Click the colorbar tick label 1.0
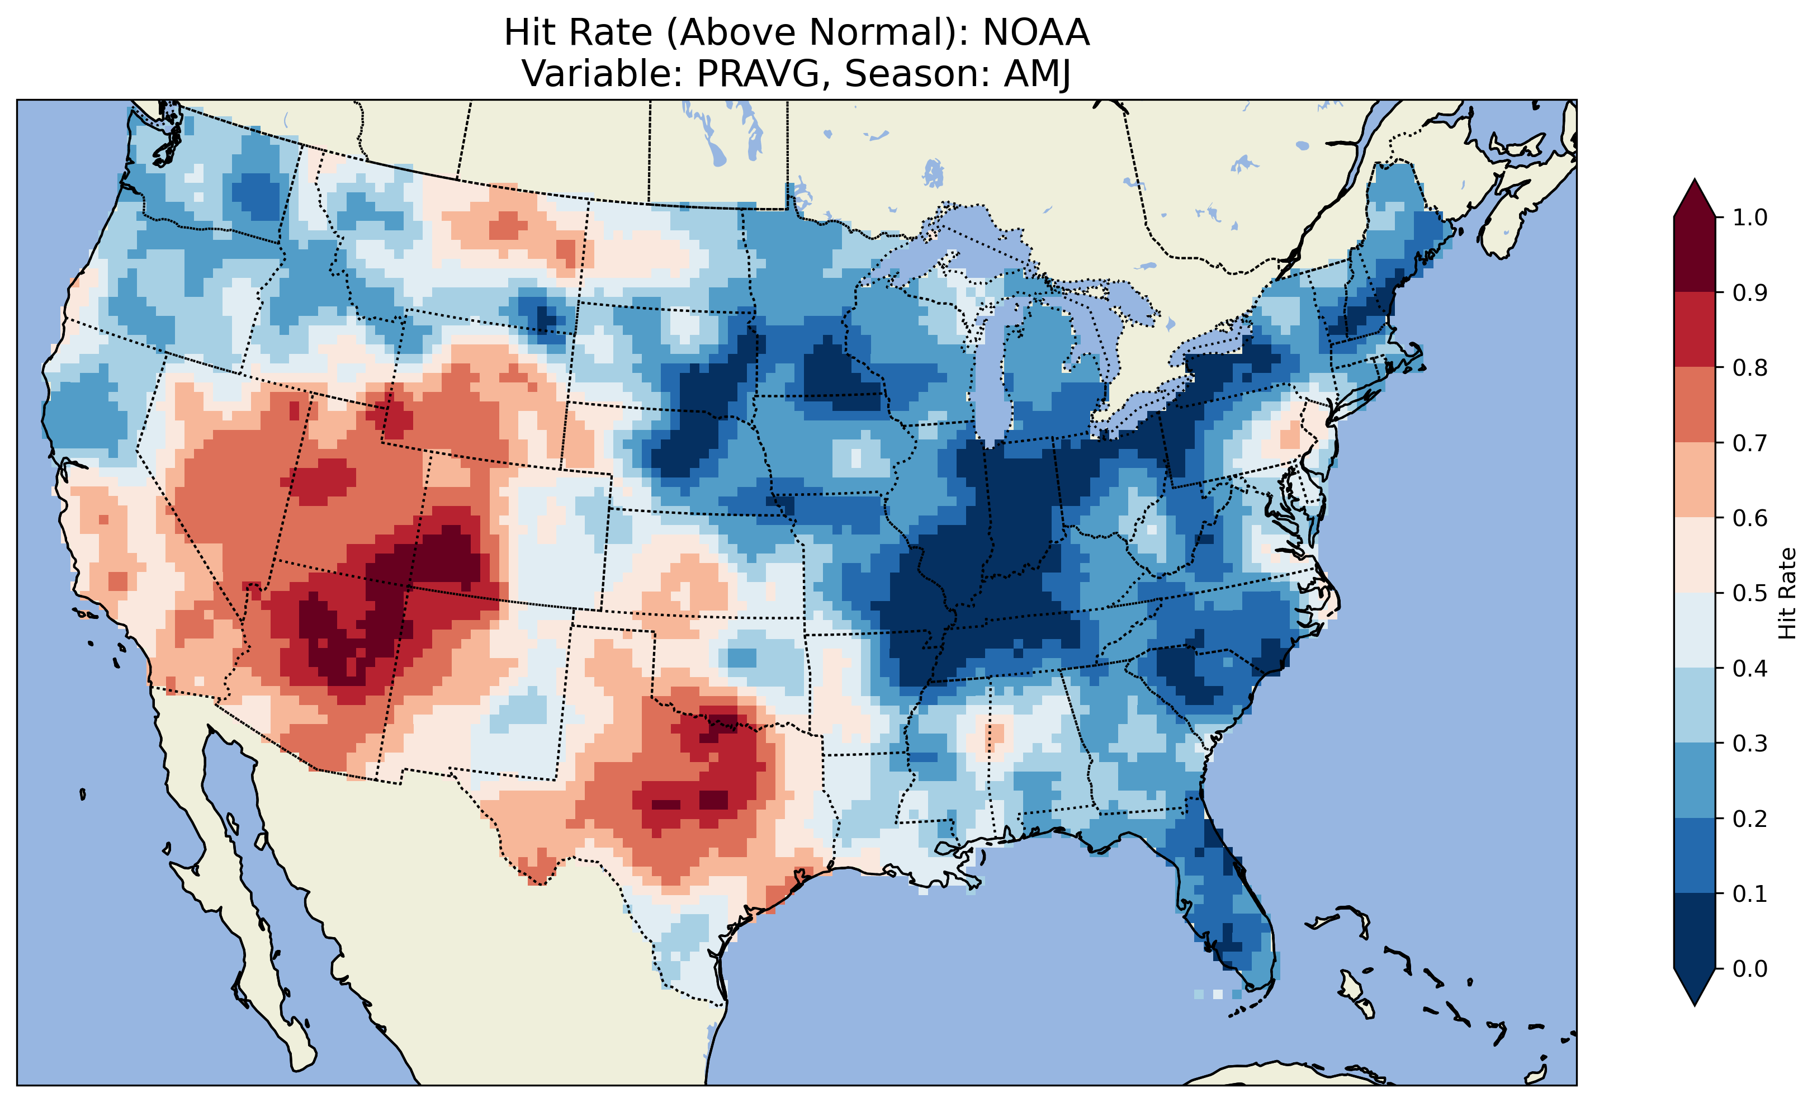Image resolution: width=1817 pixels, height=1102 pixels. pos(1750,217)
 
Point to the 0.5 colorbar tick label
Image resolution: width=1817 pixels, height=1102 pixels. pos(1750,593)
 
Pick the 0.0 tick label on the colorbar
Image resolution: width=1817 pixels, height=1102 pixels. pos(1750,968)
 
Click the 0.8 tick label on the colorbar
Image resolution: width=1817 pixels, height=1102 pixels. pos(1750,367)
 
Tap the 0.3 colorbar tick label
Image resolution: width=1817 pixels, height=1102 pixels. pos(1750,744)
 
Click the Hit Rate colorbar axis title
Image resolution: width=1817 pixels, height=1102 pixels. pos(1787,593)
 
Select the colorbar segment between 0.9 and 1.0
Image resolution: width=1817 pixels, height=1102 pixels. pos(1694,254)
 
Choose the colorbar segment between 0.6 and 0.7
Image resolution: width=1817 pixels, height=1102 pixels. pos(1694,480)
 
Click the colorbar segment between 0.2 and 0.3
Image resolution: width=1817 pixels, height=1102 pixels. pos(1694,781)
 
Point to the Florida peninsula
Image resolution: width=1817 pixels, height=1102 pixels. pos(1224,900)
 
